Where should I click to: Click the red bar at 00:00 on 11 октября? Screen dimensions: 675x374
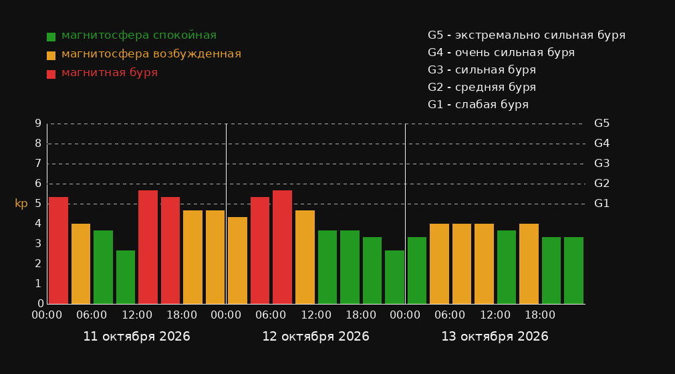(x=59, y=250)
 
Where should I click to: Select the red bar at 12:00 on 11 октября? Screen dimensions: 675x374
(x=148, y=247)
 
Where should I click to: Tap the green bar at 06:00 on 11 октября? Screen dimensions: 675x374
(x=104, y=267)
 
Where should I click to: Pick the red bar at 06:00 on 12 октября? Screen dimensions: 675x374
(x=283, y=247)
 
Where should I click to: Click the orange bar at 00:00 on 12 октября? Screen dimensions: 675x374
(x=238, y=260)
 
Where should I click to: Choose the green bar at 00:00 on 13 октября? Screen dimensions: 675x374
(x=417, y=270)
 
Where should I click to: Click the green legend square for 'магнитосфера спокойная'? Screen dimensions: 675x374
(x=51, y=37)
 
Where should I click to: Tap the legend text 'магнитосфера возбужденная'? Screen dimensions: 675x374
(x=151, y=54)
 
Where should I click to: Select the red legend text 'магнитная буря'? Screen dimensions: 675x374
(x=110, y=73)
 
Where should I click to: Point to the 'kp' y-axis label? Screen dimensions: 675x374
(x=21, y=204)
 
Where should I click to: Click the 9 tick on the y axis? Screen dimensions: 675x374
(x=38, y=124)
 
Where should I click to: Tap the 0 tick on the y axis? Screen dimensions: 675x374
(x=41, y=304)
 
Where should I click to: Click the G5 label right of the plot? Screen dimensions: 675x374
(x=601, y=124)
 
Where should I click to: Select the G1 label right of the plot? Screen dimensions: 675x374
(x=601, y=204)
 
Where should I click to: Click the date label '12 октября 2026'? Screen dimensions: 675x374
(x=315, y=337)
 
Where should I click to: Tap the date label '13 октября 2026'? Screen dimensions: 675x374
(x=495, y=337)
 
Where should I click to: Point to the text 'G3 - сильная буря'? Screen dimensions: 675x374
(x=482, y=70)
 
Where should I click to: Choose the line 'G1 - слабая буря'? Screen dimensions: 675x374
(x=478, y=105)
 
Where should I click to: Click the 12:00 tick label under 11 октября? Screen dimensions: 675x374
(x=137, y=315)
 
